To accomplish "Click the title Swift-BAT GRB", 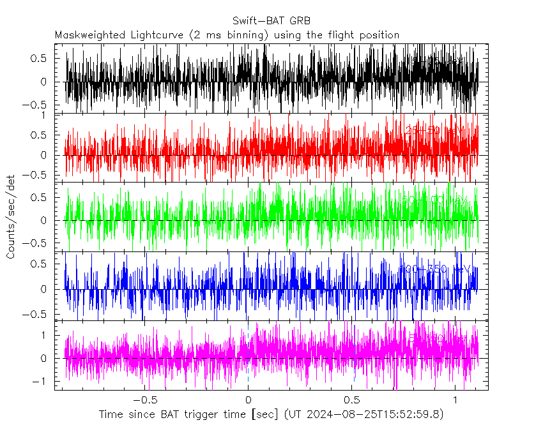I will coord(271,21).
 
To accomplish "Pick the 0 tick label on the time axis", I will coord(248,400).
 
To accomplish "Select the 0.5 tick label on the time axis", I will coord(351,400).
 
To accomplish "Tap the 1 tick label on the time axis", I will coord(455,400).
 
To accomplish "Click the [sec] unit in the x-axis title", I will coord(264,415).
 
